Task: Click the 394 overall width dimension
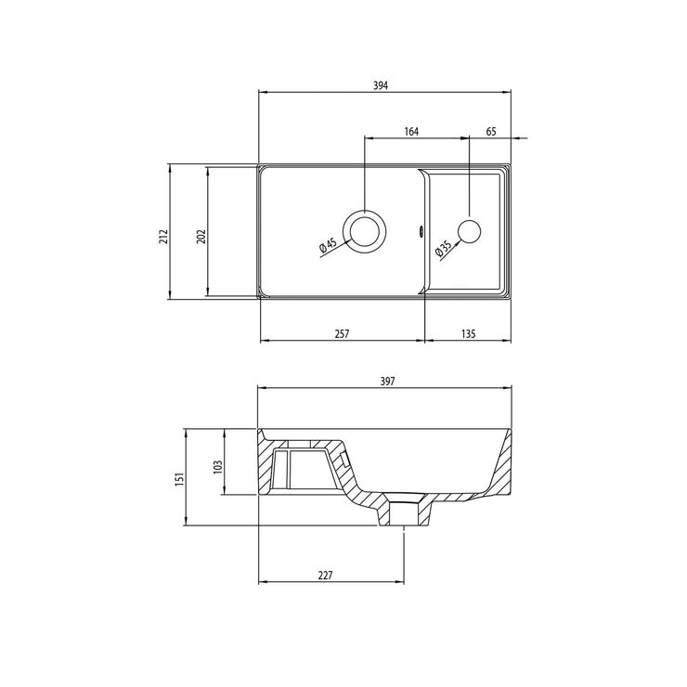380,84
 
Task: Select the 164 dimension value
411,132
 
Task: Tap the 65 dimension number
491,132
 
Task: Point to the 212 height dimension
162,235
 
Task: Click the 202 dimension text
201,235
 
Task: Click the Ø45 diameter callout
326,247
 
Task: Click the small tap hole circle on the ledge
470,231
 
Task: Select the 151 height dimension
180,478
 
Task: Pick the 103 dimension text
218,462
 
